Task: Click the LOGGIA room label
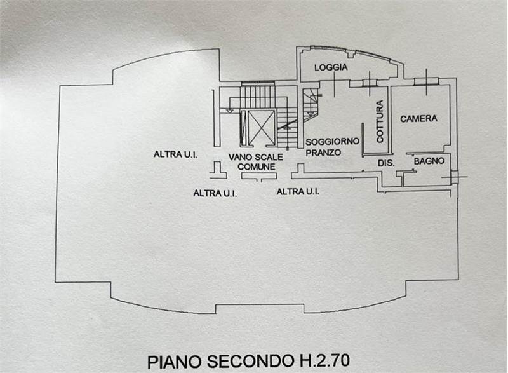(331, 68)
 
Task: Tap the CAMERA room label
(418, 119)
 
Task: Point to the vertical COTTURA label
(380, 121)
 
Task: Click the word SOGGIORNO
(332, 140)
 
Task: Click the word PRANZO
(323, 153)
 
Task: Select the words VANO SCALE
(256, 156)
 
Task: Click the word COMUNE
(257, 166)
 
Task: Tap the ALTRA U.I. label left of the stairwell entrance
(215, 193)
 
